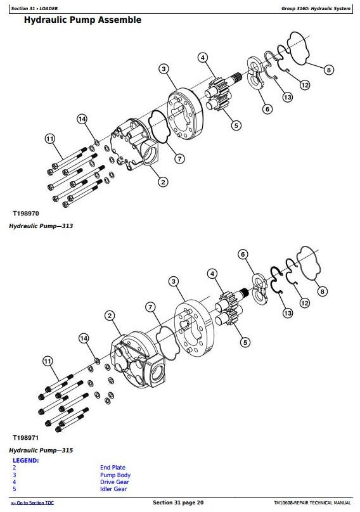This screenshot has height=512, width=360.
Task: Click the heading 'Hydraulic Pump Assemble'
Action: (82, 20)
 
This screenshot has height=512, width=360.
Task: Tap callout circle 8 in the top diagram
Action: (329, 70)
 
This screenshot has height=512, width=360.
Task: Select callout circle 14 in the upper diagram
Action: (82, 119)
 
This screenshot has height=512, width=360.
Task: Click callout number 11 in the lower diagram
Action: (48, 361)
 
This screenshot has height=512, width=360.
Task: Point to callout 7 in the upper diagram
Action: (179, 158)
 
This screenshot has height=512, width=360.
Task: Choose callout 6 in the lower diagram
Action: (243, 254)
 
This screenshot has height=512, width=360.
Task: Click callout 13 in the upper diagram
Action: (288, 97)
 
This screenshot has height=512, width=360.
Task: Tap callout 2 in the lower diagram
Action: (110, 316)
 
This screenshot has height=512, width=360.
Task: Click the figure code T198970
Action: (26, 214)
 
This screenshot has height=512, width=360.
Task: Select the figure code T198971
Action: (26, 438)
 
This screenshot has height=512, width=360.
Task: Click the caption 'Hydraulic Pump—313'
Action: (41, 226)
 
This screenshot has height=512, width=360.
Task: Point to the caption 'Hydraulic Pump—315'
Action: (41, 451)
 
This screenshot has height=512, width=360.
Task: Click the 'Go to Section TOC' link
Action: (32, 503)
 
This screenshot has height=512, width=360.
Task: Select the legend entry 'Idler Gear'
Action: (113, 489)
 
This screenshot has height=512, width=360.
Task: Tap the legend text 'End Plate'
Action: (113, 468)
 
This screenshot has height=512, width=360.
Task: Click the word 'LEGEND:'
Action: (26, 461)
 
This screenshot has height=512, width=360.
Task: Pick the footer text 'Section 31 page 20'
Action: (178, 502)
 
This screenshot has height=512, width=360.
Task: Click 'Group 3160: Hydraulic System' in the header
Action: (316, 8)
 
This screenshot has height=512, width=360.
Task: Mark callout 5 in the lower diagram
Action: (245, 342)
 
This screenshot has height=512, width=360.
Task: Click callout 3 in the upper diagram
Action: (164, 69)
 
